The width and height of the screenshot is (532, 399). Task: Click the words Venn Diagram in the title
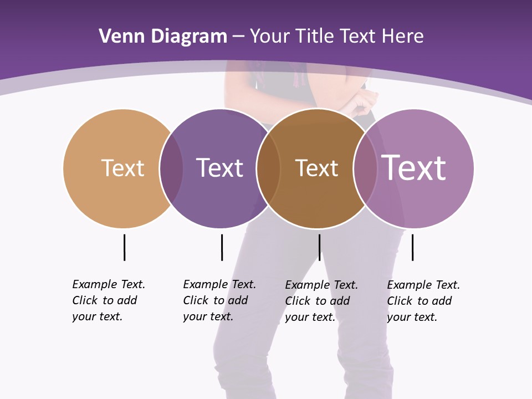tap(163, 37)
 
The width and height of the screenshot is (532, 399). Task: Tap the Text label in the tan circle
tap(122, 168)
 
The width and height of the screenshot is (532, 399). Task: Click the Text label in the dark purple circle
tap(219, 168)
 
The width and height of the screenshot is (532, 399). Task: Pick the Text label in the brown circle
tap(316, 168)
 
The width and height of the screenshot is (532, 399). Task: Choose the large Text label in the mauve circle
tap(414, 167)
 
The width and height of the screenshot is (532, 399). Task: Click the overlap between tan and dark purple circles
tap(172, 168)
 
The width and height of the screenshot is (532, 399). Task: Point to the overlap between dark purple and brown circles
tap(268, 168)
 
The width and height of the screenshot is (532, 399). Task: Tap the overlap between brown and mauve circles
tap(365, 168)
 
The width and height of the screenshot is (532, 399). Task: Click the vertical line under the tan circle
tap(124, 247)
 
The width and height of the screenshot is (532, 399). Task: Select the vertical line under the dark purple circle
tap(222, 247)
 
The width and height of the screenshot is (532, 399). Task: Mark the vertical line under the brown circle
tap(319, 247)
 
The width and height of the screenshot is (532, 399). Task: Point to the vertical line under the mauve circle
tap(412, 247)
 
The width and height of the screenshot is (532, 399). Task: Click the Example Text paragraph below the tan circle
tap(109, 300)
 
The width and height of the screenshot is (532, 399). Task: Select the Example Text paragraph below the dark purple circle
tap(219, 300)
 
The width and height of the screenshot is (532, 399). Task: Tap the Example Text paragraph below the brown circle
tap(321, 301)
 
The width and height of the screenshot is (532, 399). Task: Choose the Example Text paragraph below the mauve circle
tap(423, 301)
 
